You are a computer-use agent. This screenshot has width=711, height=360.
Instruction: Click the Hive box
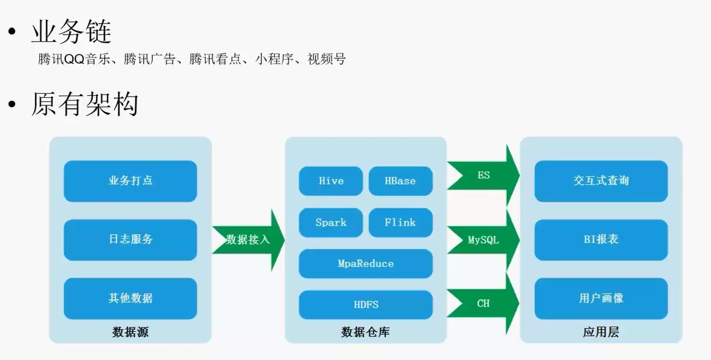coord(331,181)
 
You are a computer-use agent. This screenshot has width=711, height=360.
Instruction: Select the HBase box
coord(400,181)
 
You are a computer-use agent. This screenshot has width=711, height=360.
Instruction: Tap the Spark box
coord(331,223)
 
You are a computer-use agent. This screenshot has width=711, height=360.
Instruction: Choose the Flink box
coord(400,223)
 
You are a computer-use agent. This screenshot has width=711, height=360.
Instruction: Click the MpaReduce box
coord(365,263)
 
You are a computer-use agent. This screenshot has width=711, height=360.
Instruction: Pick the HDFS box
coord(365,304)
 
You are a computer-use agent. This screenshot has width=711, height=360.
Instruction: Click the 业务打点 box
coord(130,181)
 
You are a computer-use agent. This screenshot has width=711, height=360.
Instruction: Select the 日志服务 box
coord(130,240)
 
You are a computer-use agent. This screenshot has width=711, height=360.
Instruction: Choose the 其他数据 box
coord(130,298)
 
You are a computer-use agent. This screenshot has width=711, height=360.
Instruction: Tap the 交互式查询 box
coord(601,181)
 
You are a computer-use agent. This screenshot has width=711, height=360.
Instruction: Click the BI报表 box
coord(601,240)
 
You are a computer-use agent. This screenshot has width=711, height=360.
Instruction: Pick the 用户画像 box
coord(601,298)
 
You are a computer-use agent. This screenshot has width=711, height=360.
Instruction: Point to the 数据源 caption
coord(130,332)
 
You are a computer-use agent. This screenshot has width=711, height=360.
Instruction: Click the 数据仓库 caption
coord(365,332)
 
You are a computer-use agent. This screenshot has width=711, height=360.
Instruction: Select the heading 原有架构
coord(84,104)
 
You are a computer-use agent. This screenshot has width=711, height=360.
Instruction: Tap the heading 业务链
coord(71,33)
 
